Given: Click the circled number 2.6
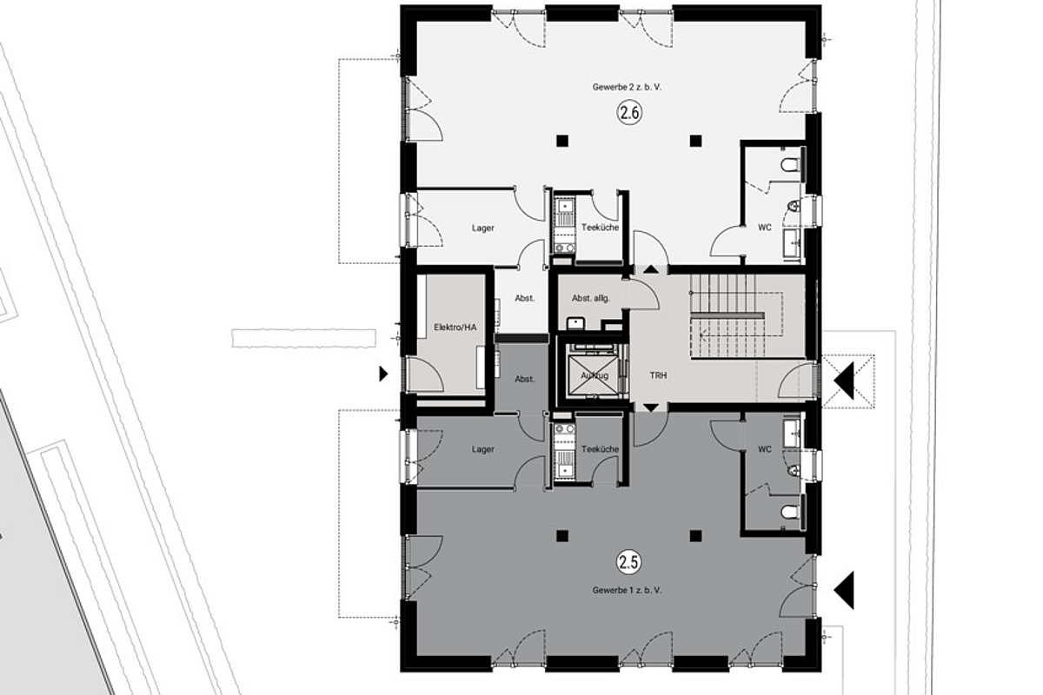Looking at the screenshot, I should pos(628,112).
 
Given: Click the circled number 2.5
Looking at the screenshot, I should pos(628,563).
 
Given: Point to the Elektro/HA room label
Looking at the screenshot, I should pos(455,328).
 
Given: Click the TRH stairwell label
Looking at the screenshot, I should pos(658,376).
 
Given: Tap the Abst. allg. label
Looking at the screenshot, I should pos(590,298).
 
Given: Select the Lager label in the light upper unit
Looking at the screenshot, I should pos(483,228).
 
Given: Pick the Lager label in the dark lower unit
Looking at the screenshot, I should pos(483,449).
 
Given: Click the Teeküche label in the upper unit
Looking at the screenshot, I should pos(600,228).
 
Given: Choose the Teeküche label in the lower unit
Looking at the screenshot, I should pos(600,449).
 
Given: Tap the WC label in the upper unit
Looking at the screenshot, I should pos(765,228).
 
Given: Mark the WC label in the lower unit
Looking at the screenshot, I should pos(765,449).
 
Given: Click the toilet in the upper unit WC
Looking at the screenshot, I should pos(789,164).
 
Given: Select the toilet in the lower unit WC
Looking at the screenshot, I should pos(789,513).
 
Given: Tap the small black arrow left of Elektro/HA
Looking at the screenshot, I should pos(382,374).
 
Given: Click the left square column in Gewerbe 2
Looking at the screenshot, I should pos(563,140).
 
